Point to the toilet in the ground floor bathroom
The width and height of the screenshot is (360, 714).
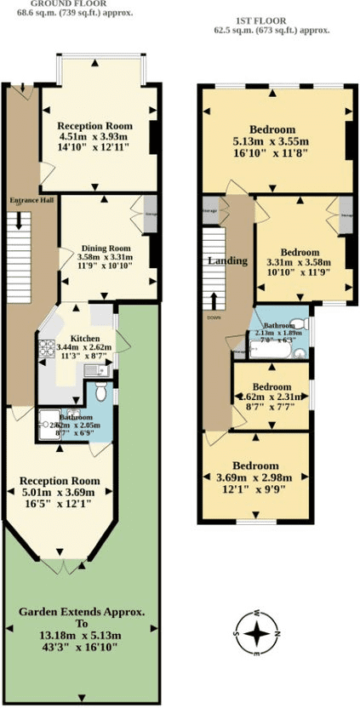coord(100,393)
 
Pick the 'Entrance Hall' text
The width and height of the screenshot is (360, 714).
coord(26,201)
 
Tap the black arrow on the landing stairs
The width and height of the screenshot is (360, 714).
coord(213,300)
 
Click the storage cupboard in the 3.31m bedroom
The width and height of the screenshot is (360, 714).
coord(346,208)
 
